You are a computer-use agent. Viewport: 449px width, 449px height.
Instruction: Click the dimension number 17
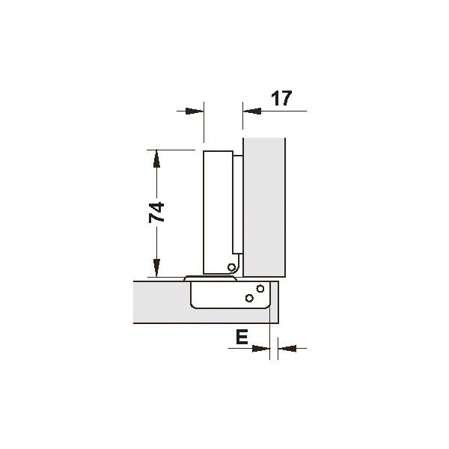coord(281,98)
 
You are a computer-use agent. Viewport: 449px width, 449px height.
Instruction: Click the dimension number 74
coord(156,213)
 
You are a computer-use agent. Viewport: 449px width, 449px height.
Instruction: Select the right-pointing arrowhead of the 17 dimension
coord(195,111)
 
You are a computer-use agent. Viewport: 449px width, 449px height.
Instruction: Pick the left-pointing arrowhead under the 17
coord(252,111)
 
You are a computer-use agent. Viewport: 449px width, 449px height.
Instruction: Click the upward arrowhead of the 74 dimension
coord(156,159)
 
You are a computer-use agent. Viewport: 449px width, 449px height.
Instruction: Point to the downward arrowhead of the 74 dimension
coord(156,268)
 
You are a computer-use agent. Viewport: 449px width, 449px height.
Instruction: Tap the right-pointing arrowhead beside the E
coord(261,349)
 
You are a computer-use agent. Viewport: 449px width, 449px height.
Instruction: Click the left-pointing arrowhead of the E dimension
coord(287,349)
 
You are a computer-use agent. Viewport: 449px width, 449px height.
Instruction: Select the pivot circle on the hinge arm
coord(231,267)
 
